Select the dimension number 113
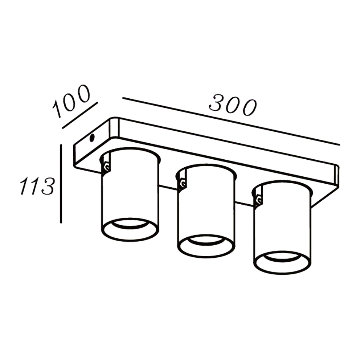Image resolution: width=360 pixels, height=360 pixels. [37, 186]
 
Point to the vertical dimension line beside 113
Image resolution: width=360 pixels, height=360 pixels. [61, 183]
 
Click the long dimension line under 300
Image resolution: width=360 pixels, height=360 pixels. [231, 121]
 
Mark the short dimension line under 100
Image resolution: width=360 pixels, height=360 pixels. [80, 115]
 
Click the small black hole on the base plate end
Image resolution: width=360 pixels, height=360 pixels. [92, 138]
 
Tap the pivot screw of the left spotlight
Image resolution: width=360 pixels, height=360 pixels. [106, 167]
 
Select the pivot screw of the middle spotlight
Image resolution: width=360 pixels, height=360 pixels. [183, 184]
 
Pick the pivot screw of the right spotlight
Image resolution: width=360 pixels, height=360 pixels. [259, 201]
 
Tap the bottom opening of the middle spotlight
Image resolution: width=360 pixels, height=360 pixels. [206, 246]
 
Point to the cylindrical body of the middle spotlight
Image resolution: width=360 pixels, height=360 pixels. [206, 211]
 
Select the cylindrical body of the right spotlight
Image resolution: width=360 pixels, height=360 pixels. [282, 227]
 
